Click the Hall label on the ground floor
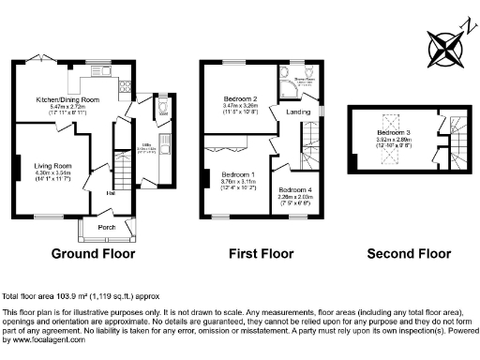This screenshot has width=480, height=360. [x=111, y=193]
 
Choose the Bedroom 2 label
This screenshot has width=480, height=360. [x=240, y=98]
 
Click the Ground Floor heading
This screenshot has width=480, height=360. [x=93, y=253]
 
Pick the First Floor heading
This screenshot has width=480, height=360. [x=262, y=253]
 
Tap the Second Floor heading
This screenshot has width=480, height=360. [x=408, y=253]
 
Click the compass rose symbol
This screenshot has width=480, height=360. [x=442, y=47]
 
